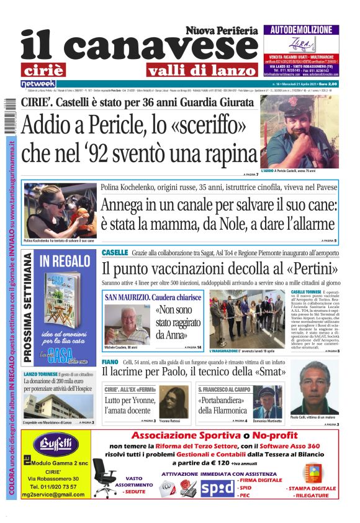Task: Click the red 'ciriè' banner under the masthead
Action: pos(51,70)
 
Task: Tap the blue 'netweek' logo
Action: pos(38,83)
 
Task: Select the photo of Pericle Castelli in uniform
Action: pos(299,131)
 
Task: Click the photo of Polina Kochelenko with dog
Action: pos(60,210)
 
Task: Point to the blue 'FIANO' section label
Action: pos(110,362)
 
